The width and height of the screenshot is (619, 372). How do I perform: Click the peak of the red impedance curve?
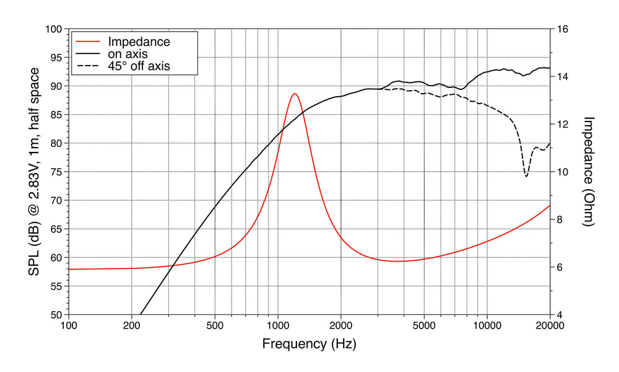295,94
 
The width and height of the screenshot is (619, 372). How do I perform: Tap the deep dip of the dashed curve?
526,176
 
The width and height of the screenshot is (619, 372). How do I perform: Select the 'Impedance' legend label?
139,42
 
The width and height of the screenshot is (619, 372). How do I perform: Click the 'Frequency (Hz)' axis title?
309,343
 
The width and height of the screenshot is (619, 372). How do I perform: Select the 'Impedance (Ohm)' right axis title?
589,172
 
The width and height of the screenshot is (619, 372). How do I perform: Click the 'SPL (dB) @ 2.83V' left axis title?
36,172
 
